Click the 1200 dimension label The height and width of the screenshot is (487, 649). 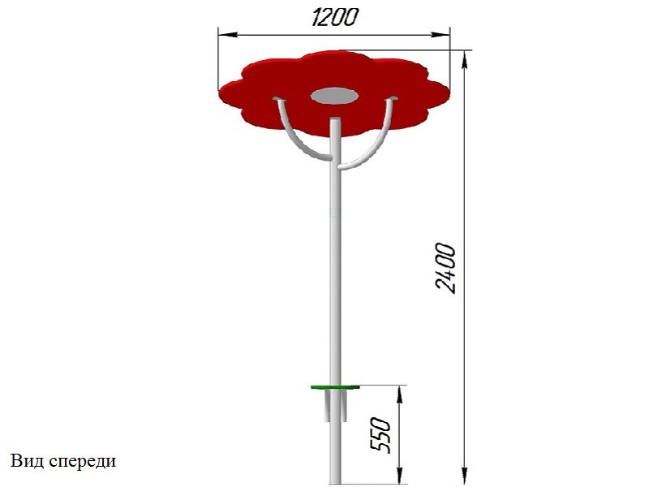[x=334, y=17]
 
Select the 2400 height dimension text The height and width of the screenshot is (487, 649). [x=446, y=269]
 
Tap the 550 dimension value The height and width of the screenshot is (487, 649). [x=380, y=435]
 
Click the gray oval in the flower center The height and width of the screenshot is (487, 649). [x=334, y=96]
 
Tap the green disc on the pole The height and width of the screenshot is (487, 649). [x=335, y=387]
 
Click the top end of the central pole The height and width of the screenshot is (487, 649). [x=335, y=119]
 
